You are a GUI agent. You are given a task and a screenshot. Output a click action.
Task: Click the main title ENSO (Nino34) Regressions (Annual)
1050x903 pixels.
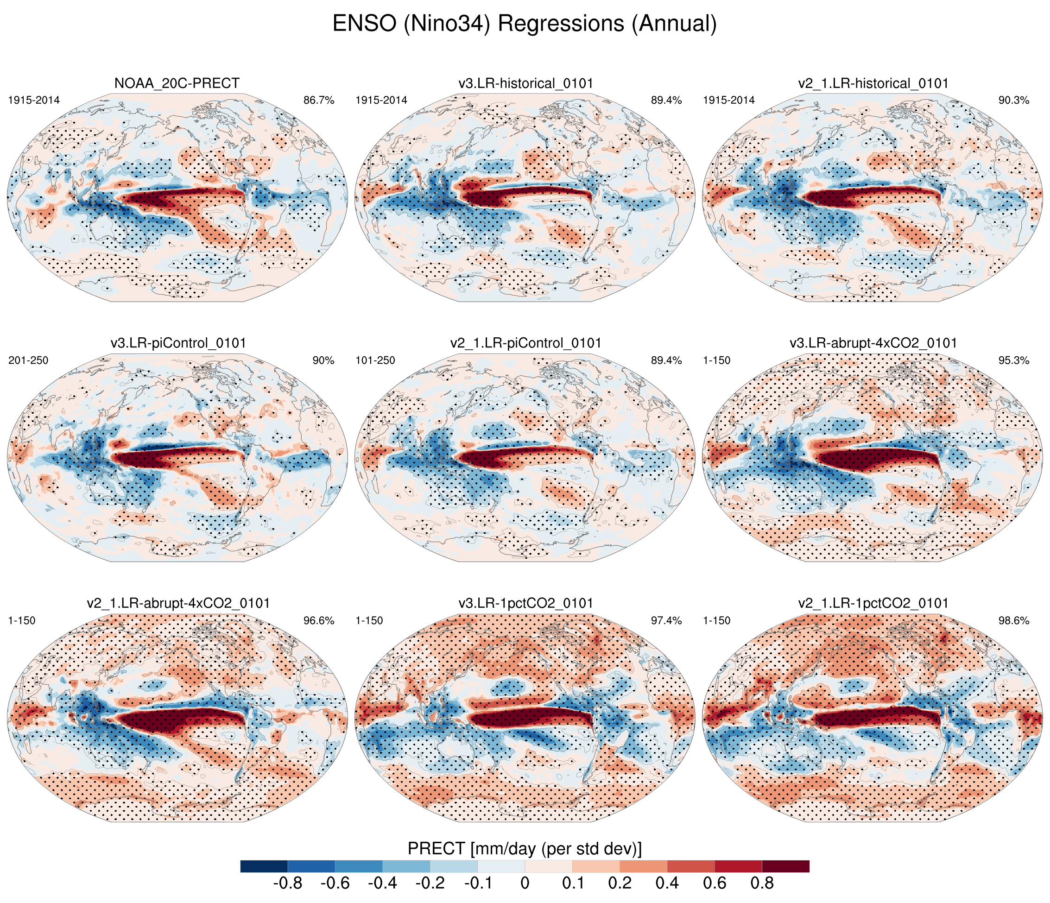click(525, 24)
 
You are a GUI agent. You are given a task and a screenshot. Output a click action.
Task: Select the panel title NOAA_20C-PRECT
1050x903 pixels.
click(177, 83)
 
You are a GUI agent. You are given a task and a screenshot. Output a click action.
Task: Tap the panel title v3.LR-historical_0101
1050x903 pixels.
click(525, 83)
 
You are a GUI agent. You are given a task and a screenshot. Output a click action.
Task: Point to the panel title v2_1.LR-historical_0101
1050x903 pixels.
click(873, 83)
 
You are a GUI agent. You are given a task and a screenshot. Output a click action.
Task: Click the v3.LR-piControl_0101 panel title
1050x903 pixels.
click(178, 343)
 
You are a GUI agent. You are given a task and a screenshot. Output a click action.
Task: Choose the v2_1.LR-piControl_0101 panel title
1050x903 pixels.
click(525, 343)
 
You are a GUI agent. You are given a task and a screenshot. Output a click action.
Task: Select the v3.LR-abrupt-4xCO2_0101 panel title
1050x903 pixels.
click(873, 343)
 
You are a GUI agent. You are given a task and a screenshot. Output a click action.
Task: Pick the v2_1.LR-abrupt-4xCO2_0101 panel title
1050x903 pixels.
click(178, 603)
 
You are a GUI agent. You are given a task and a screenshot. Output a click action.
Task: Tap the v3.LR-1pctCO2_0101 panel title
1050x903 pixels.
click(525, 603)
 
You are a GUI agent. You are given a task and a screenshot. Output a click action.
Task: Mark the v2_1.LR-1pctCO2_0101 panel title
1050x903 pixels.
click(873, 603)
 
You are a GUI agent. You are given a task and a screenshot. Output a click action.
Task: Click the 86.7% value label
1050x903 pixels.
click(319, 101)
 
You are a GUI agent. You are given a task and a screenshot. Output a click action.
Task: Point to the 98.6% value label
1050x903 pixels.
click(1013, 621)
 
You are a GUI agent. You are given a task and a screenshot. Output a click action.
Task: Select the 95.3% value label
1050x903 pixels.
click(1013, 361)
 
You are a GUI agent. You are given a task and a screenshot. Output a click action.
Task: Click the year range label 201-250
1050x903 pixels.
click(28, 361)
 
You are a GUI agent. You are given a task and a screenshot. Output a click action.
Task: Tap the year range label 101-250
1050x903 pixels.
click(375, 361)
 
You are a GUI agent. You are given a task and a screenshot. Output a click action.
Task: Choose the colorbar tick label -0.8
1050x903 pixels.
click(287, 884)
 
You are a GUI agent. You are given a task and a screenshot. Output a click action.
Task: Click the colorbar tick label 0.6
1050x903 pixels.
click(715, 884)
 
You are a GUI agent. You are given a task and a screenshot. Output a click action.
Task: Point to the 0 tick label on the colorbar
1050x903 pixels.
click(525, 884)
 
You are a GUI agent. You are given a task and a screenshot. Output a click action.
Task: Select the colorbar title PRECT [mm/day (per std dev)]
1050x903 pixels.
click(525, 849)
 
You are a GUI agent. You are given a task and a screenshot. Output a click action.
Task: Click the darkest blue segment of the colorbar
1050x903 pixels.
click(264, 866)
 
